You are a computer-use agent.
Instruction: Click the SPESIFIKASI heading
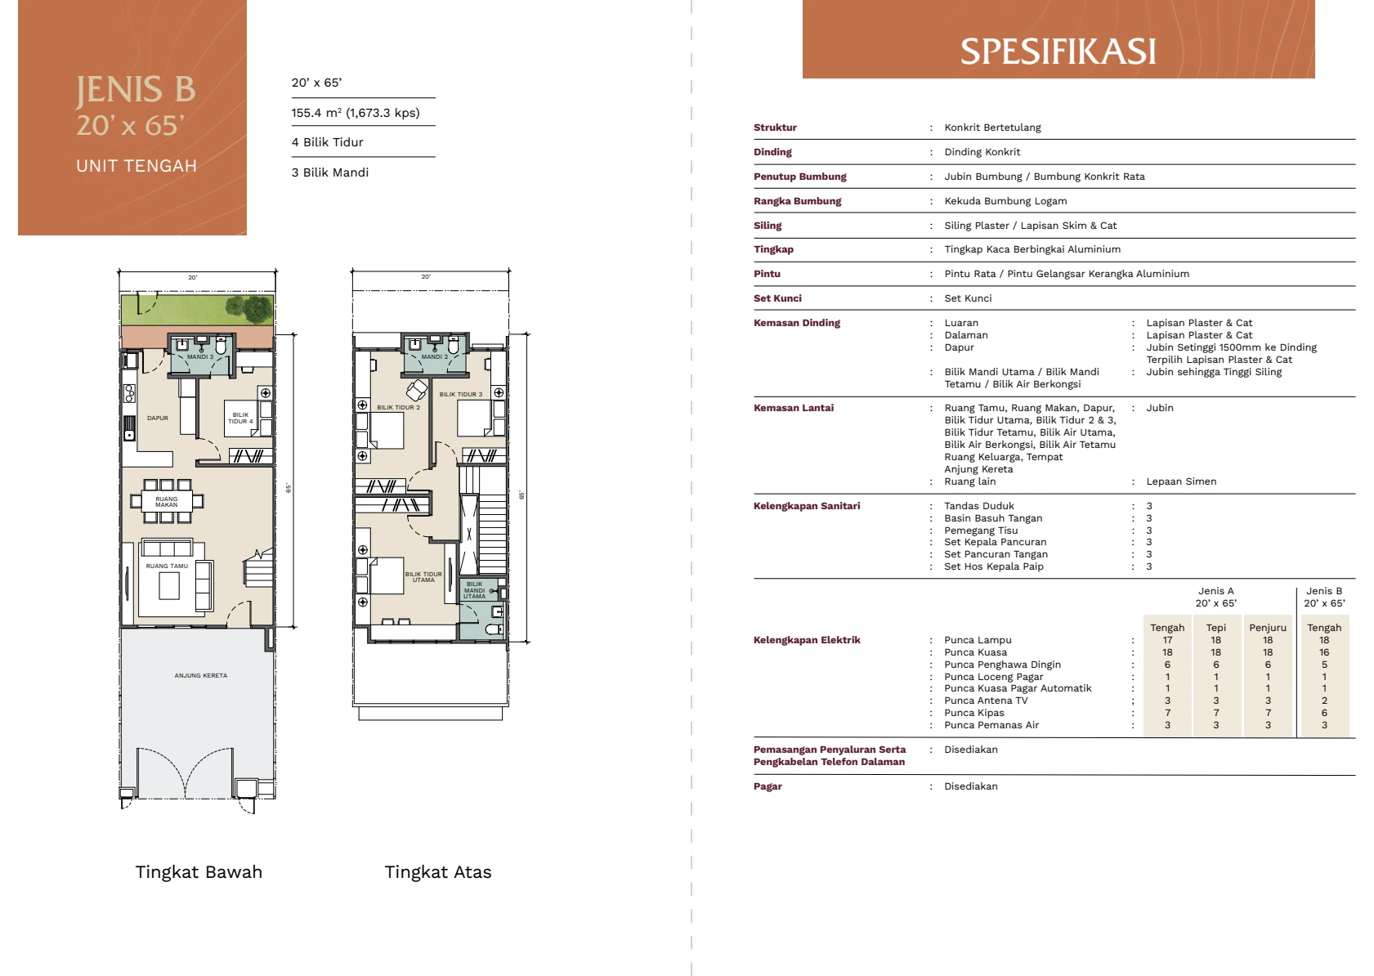[1058, 51]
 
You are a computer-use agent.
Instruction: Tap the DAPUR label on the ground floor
[158, 418]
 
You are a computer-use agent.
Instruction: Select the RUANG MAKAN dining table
[167, 502]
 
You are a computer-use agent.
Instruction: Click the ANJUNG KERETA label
[200, 675]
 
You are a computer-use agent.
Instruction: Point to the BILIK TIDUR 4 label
[240, 418]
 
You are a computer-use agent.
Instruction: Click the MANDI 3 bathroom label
[200, 356]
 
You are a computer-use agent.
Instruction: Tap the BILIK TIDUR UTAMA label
[423, 576]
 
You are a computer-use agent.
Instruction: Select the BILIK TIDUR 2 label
[398, 407]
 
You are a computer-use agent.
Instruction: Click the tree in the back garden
[250, 308]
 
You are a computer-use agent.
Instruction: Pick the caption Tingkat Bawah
[199, 871]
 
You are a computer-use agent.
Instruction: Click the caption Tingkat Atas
[438, 871]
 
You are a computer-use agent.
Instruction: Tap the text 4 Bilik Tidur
[328, 142]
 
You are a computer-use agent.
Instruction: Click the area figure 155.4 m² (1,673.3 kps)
[356, 113]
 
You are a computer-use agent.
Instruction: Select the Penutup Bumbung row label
[800, 177]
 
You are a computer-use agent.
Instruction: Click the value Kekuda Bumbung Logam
[1005, 201]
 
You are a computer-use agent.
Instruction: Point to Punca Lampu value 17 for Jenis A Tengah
[1167, 640]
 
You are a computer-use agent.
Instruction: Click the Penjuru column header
[1268, 628]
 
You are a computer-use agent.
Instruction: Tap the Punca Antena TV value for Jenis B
[1324, 701]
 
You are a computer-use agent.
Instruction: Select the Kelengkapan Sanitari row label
[807, 506]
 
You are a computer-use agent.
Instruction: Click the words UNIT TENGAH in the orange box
[137, 166]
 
